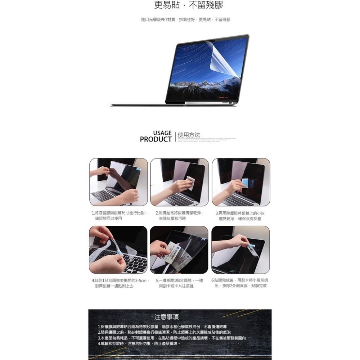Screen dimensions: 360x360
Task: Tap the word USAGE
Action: (162, 133)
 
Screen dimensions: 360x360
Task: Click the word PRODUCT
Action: (156, 139)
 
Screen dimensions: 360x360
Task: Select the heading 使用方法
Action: (189, 135)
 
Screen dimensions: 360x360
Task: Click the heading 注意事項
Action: (166, 317)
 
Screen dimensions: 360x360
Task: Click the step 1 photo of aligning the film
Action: (118, 182)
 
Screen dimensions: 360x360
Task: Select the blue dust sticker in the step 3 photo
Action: (245, 183)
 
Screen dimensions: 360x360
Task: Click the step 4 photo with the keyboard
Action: (118, 249)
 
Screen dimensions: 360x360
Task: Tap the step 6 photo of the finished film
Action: (240, 249)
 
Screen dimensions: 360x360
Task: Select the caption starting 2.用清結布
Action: (179, 216)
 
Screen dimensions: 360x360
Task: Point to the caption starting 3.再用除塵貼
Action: (240, 216)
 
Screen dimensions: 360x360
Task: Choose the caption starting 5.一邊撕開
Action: (179, 283)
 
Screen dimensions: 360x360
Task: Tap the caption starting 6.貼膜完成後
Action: (240, 283)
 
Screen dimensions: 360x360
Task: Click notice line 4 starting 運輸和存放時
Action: (139, 344)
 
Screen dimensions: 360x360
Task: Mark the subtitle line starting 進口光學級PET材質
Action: (185, 19)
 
